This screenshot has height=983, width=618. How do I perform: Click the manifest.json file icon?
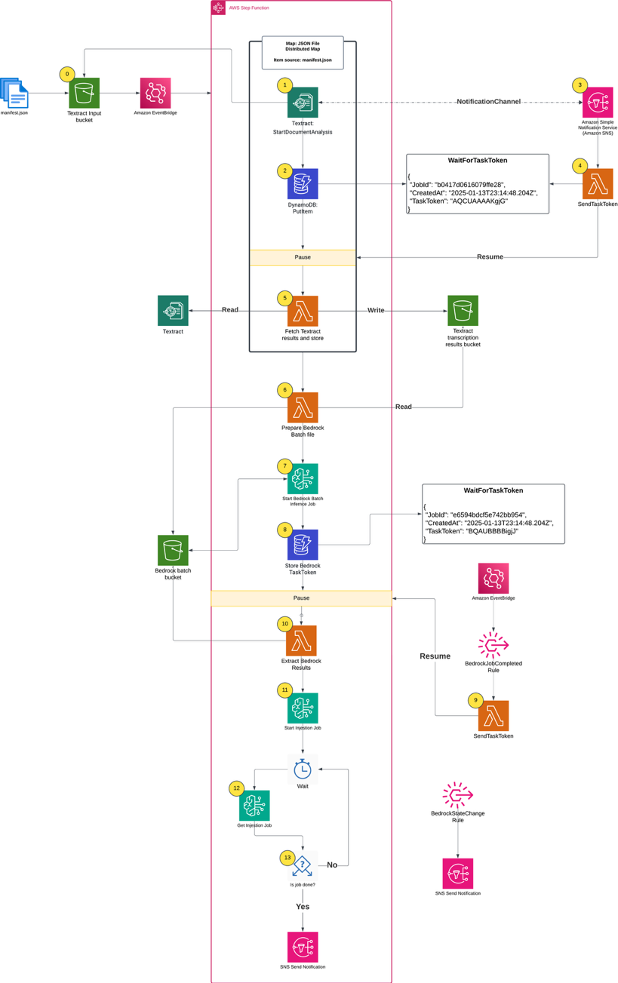[14, 93]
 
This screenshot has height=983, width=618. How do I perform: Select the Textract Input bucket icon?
[84, 94]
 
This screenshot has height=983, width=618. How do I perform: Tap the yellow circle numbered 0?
[68, 74]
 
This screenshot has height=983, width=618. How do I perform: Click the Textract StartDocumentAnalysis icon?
[303, 103]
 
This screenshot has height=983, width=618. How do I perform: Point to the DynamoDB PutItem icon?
[303, 184]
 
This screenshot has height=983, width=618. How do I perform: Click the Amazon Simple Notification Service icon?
[598, 103]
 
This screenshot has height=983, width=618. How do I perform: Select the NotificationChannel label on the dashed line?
[488, 102]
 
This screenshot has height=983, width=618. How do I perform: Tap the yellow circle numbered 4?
[580, 165]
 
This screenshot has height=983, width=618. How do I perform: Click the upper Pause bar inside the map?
[303, 257]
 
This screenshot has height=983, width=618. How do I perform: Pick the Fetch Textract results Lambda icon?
[303, 311]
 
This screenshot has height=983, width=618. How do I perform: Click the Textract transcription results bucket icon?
[463, 310]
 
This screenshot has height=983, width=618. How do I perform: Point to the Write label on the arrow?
[375, 310]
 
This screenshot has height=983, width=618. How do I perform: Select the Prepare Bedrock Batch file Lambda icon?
[303, 407]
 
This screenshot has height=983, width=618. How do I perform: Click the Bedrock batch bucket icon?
[173, 550]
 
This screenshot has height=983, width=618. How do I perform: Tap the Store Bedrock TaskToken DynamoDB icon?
[303, 544]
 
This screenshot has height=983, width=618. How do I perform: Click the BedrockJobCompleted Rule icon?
[493, 646]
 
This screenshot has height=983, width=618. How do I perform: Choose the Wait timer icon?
[303, 769]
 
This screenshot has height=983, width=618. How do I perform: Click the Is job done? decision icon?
[303, 865]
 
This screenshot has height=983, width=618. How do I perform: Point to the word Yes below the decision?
[303, 906]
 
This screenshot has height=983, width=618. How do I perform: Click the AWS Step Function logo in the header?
[218, 8]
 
